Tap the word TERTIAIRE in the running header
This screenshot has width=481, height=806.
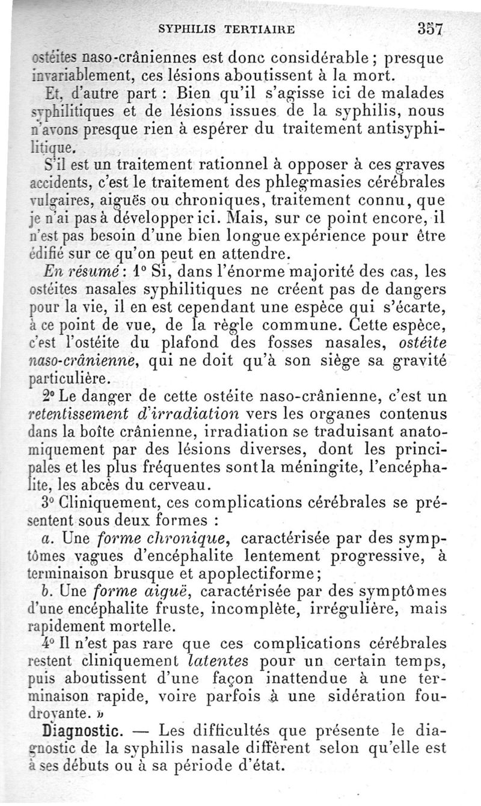pos(260,28)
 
